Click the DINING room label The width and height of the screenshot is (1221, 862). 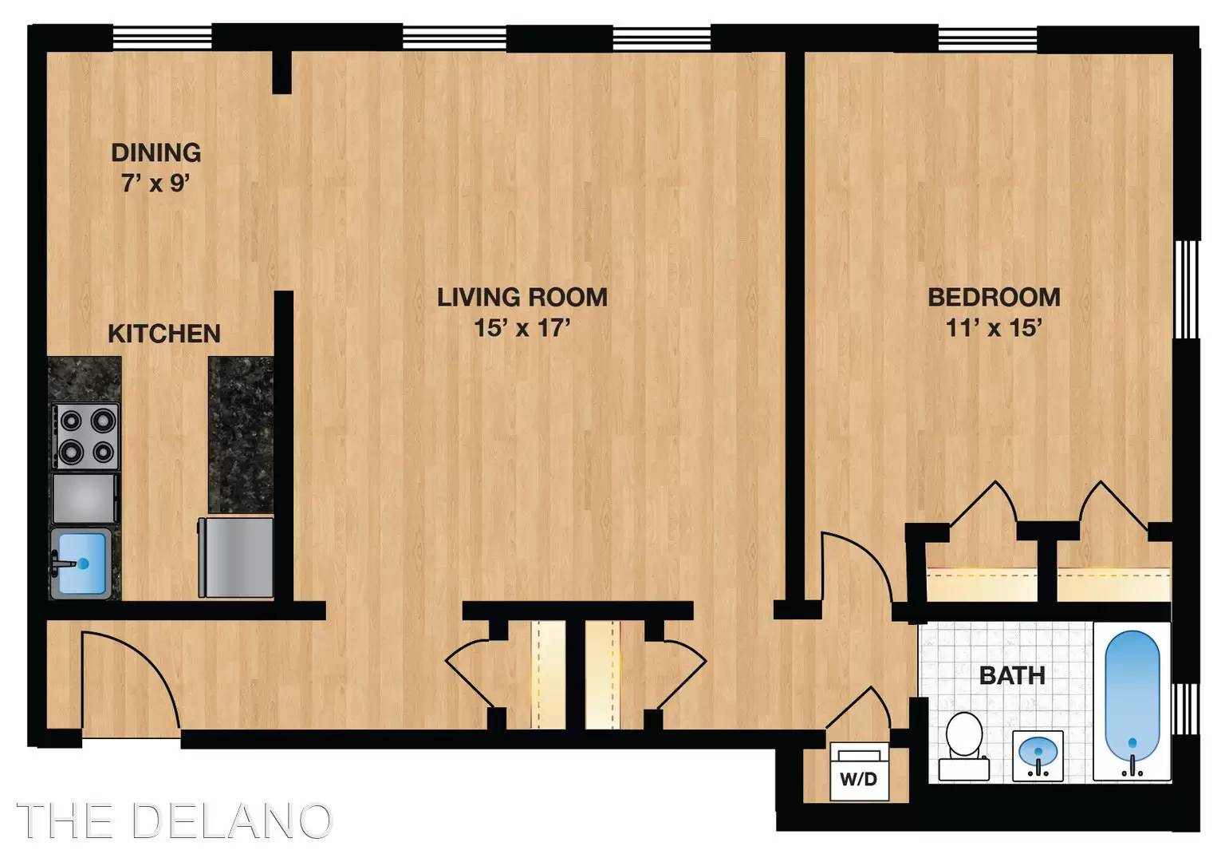click(156, 152)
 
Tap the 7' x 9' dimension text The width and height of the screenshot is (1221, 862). click(156, 184)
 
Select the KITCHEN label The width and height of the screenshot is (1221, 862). click(164, 334)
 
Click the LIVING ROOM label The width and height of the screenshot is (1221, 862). click(522, 298)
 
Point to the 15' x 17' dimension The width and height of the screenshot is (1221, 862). click(522, 328)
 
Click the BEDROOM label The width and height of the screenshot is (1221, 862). click(995, 298)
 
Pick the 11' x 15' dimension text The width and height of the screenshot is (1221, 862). click(995, 328)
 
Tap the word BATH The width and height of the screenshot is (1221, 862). click(1012, 676)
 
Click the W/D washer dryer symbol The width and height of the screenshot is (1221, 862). click(859, 772)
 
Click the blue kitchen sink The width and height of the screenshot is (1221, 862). click(82, 563)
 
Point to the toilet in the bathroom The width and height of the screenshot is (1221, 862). click(963, 745)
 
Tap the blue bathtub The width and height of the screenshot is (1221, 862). click(1132, 702)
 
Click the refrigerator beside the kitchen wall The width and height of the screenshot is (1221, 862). click(236, 557)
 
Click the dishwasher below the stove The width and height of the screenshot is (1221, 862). click(85, 499)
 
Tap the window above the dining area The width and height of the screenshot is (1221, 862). click(162, 38)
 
